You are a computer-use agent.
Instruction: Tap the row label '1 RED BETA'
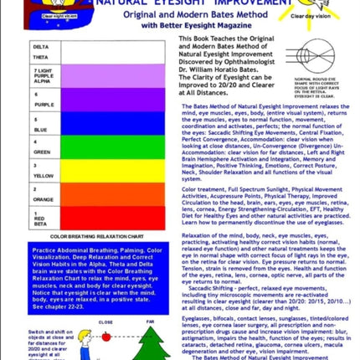coord(41,219)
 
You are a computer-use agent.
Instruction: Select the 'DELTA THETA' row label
coord(41,52)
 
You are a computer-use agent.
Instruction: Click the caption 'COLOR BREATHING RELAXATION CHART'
coord(95,237)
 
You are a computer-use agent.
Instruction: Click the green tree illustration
coord(151,343)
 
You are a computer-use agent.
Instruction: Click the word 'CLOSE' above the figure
coord(106,321)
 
